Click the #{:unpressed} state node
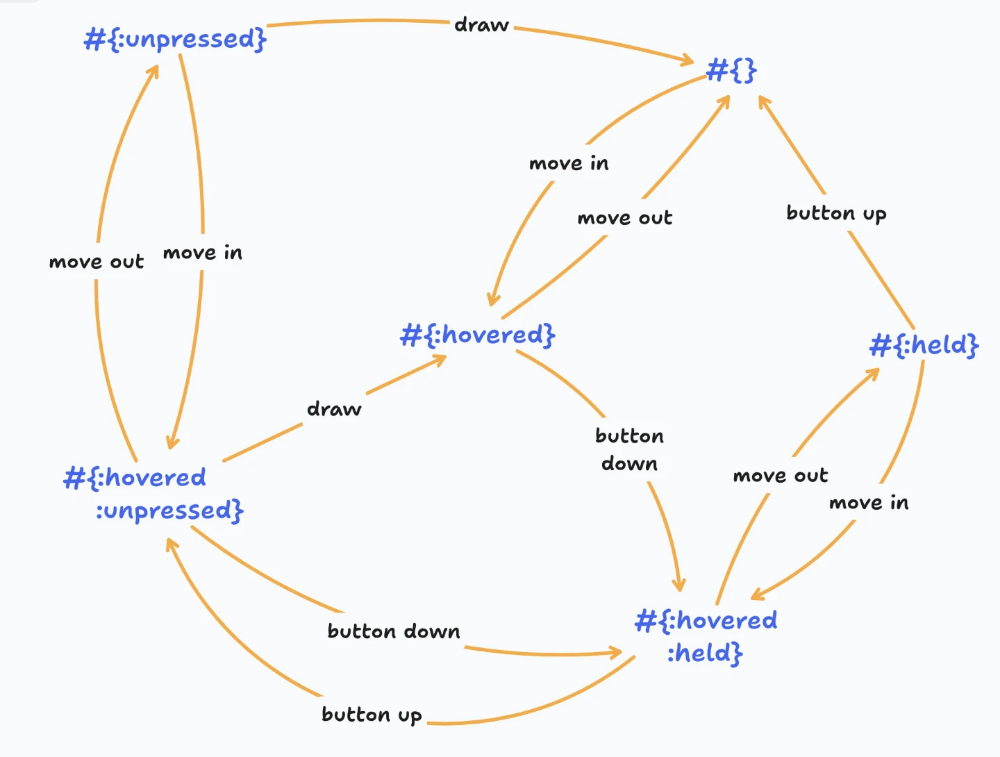[175, 39]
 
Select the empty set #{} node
[731, 70]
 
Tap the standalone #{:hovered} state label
[478, 335]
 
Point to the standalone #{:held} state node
[924, 344]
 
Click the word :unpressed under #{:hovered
[169, 511]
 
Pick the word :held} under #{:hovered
[705, 654]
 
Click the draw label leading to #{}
[481, 26]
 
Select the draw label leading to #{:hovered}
[334, 409]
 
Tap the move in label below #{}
[569, 164]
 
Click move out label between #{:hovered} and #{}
[625, 218]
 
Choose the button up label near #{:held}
[836, 213]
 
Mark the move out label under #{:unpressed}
[97, 262]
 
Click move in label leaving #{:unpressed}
[203, 253]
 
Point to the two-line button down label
[629, 450]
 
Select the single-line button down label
[394, 631]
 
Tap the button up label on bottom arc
[372, 715]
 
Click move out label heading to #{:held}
[781, 476]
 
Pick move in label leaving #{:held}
[869, 503]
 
